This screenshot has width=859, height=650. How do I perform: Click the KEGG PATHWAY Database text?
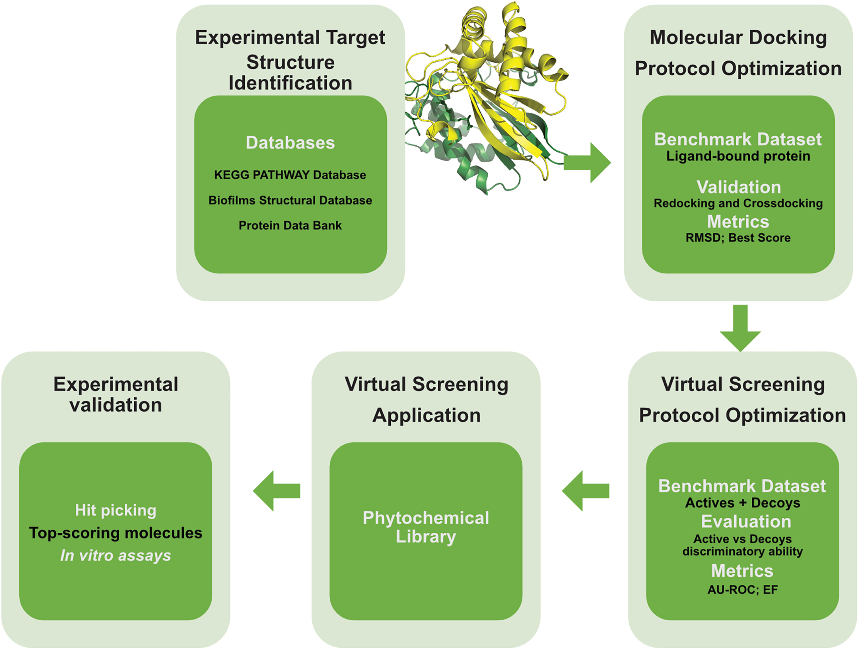click(290, 175)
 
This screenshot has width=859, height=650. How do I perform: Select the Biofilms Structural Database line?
click(290, 200)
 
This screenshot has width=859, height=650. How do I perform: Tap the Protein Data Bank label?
click(290, 225)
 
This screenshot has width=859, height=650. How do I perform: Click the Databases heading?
click(290, 143)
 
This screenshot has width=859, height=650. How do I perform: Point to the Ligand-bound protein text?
click(738, 156)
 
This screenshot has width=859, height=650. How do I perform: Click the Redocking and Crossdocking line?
click(738, 203)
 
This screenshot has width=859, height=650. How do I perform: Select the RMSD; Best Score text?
click(738, 238)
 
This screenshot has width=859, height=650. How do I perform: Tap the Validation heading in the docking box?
click(739, 187)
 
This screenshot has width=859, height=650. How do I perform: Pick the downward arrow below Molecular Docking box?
click(740, 328)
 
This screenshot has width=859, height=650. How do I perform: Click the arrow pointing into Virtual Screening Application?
click(586, 491)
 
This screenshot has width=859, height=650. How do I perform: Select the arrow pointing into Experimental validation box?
click(276, 491)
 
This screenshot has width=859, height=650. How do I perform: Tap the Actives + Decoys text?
click(742, 503)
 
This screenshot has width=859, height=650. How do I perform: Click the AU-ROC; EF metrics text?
click(742, 589)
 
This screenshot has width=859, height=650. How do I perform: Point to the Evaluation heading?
click(746, 521)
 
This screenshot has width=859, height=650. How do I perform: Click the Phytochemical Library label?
click(426, 527)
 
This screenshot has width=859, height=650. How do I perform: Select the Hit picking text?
click(116, 510)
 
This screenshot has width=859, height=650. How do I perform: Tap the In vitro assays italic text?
click(116, 555)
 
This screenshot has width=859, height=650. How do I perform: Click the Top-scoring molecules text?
click(116, 533)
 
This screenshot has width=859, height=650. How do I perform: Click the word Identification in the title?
click(290, 83)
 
